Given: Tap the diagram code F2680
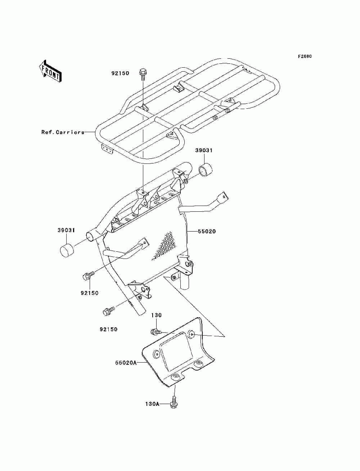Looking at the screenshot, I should (305, 57).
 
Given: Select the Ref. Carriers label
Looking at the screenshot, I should (63, 132).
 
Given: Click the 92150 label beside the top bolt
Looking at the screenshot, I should (120, 73).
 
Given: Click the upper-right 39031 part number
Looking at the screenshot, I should (204, 151).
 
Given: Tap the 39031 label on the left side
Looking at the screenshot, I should (66, 230).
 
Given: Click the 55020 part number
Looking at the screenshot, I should (207, 232).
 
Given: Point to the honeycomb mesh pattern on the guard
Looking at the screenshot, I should (165, 245).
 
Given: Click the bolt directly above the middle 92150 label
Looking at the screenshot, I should (88, 276).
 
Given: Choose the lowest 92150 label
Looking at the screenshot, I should (108, 329).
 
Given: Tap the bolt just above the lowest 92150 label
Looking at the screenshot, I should (108, 311).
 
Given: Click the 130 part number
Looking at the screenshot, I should (156, 315).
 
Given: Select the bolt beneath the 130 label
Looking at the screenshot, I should (157, 331).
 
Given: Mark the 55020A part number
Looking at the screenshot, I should (126, 363).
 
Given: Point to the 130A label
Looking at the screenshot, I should (152, 404).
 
